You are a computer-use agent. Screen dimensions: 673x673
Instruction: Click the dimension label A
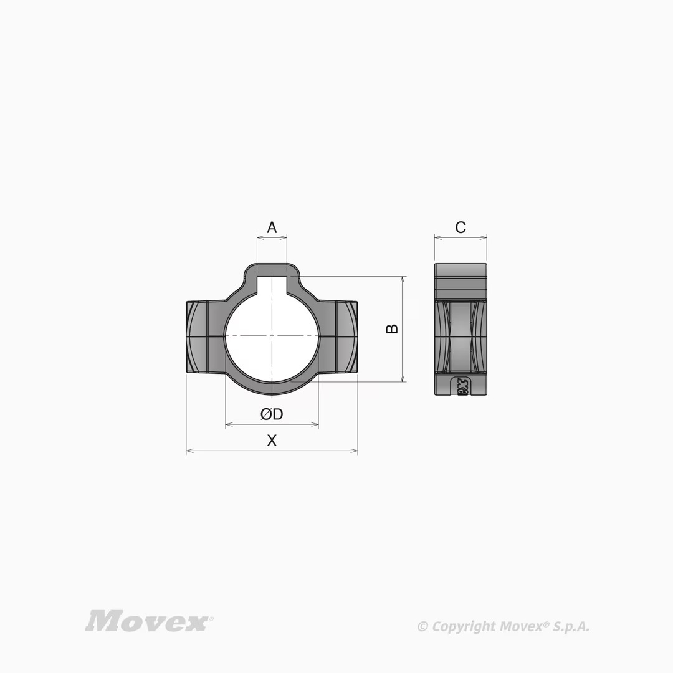272,227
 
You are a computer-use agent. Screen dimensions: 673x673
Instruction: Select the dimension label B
392,329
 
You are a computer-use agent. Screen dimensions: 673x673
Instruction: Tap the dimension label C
461,227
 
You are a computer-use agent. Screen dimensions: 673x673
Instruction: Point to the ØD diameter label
272,414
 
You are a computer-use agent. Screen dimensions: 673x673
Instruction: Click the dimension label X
272,441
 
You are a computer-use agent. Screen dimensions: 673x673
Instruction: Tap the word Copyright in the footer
464,627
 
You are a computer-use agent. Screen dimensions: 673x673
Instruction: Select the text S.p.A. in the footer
571,627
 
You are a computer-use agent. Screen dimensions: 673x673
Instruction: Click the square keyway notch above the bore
272,285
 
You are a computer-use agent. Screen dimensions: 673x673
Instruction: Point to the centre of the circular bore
272,335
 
